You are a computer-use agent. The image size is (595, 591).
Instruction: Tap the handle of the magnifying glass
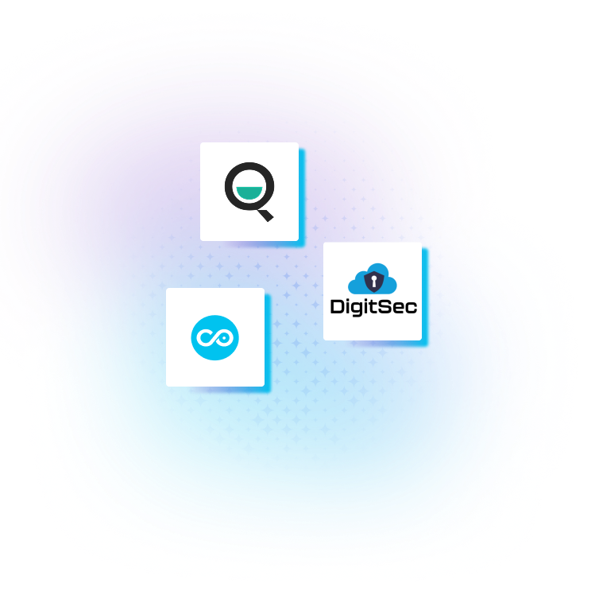265,213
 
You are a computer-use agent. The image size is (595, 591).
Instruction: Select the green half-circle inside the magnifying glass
249,193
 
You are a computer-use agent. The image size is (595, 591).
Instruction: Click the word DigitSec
373,306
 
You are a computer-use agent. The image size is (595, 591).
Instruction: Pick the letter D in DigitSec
338,306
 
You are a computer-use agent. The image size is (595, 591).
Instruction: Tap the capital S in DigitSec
386,306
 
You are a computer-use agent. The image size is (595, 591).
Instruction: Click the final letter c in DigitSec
411,307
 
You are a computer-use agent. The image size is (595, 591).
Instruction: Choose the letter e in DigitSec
399,307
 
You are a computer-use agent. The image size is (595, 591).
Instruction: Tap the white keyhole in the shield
373,281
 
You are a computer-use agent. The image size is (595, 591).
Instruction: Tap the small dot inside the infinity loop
225,337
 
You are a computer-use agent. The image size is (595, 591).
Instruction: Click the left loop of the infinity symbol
206,338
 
